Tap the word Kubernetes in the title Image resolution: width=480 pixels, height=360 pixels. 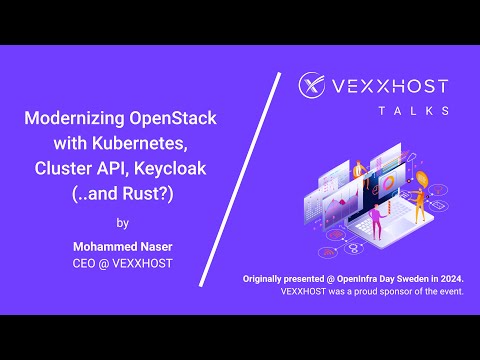[167, 143]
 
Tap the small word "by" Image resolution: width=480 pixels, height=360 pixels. [122, 222]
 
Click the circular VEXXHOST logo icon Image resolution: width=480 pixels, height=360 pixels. [315, 89]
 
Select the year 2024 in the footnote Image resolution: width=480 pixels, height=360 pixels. [460, 276]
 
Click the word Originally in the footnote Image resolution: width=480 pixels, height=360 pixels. [273, 276]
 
